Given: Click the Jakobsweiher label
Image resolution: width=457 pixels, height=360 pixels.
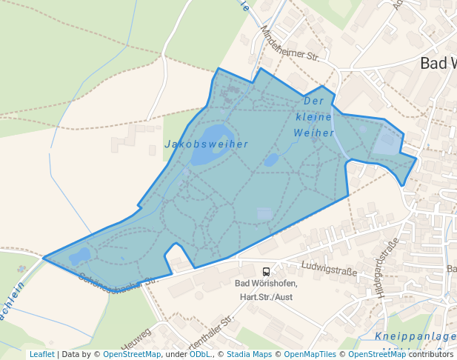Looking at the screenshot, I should click(206, 144).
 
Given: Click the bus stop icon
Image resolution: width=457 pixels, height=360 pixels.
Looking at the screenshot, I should click(266, 272).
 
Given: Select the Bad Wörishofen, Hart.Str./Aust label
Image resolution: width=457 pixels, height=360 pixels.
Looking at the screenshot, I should click(267, 290).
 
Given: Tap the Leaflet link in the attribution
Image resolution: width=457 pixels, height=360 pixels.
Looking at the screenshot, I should click(41, 355).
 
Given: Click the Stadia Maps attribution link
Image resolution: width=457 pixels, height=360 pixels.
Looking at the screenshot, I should click(248, 355).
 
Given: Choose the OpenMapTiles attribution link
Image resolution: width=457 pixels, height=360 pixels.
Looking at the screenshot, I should click(310, 355).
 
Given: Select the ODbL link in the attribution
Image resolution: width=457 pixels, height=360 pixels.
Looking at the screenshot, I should click(200, 355).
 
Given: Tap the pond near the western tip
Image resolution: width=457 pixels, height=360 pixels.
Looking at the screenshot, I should click(79, 256).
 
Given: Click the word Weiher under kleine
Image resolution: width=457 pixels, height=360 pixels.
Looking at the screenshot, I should click(314, 133).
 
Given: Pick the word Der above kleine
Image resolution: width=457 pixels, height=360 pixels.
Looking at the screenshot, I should click(314, 101).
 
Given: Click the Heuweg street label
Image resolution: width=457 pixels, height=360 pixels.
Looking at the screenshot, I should click(137, 339).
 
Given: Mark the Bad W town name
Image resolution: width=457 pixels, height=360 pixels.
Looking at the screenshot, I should click(438, 63).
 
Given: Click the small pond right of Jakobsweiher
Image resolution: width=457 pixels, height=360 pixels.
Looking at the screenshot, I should click(271, 160).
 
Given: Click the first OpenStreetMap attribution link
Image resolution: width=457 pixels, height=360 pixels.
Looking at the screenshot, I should click(132, 355).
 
